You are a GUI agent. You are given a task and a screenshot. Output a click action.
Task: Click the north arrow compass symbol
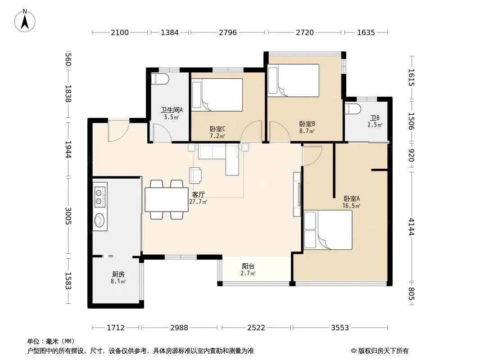click(x=25, y=21)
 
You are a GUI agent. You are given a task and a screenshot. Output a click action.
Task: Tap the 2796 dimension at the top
click(x=228, y=32)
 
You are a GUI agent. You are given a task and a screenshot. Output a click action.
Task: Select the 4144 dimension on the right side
click(x=412, y=227)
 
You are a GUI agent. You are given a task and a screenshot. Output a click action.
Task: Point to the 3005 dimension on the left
click(x=68, y=216)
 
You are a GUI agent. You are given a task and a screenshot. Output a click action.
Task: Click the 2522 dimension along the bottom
click(x=256, y=328)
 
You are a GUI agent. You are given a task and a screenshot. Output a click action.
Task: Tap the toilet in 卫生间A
click(x=160, y=79)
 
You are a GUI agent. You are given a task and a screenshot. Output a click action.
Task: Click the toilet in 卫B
click(x=353, y=109)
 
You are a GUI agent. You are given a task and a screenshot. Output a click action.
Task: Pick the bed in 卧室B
click(x=293, y=81)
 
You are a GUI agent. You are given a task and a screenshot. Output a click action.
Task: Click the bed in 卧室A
click(x=328, y=229)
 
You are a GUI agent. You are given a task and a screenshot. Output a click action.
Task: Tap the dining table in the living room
click(x=167, y=199)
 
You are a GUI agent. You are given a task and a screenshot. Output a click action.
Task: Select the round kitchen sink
click(x=100, y=220)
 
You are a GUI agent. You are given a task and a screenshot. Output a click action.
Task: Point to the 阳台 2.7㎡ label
click(x=248, y=270)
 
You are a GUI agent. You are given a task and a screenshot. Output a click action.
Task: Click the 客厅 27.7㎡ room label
click(x=198, y=198)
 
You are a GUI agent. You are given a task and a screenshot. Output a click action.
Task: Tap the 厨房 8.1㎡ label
click(x=118, y=278)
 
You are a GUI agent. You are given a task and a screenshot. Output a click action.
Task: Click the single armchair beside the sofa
click(x=195, y=175)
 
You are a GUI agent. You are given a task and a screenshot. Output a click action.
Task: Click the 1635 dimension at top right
click(x=366, y=32)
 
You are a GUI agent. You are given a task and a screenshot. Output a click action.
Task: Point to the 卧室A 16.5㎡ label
click(x=351, y=202)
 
